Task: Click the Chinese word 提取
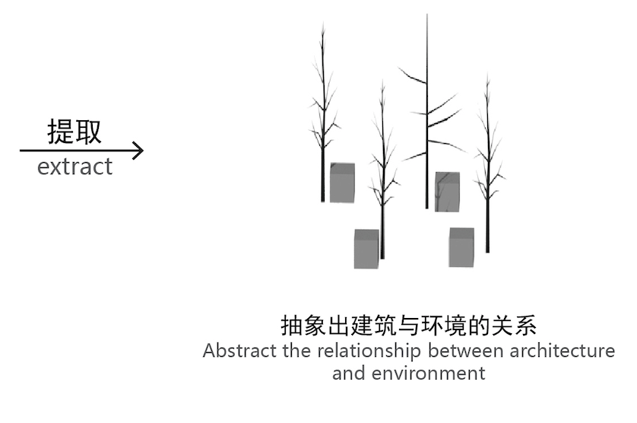click(74, 132)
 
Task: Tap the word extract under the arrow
click(74, 167)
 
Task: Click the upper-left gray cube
click(342, 183)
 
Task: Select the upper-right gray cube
click(447, 191)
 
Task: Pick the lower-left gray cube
click(366, 248)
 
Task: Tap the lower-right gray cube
click(461, 246)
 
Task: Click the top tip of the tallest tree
click(427, 15)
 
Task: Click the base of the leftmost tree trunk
click(323, 200)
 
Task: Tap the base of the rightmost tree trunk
click(487, 250)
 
